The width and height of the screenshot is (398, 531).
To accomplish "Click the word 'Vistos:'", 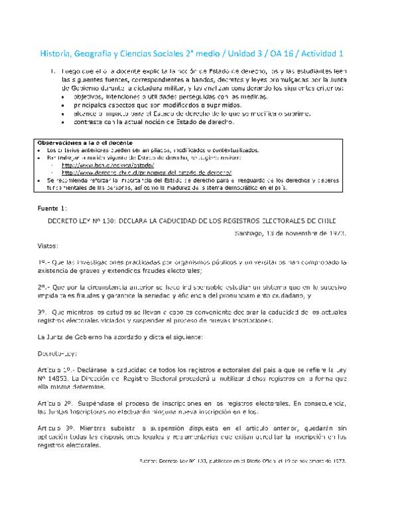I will [48, 245].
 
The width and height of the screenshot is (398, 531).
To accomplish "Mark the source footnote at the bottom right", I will [245, 459].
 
